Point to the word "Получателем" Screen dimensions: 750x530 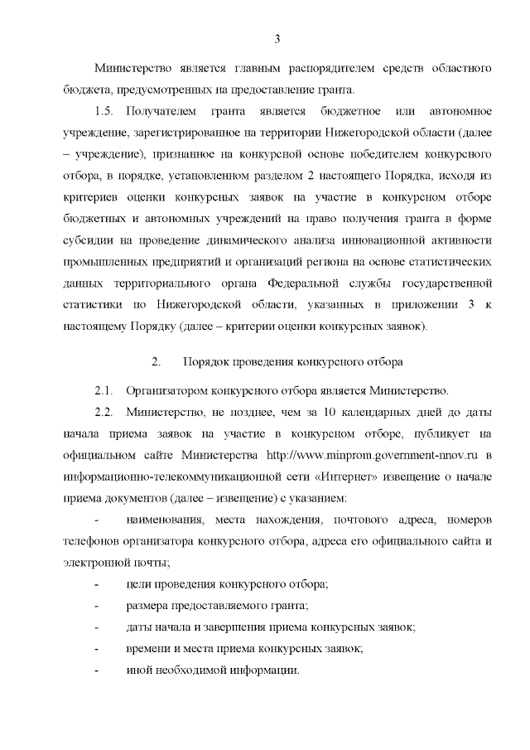pos(165,111)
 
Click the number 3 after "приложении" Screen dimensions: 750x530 pos(470,305)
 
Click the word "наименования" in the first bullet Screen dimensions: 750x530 pos(165,520)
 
